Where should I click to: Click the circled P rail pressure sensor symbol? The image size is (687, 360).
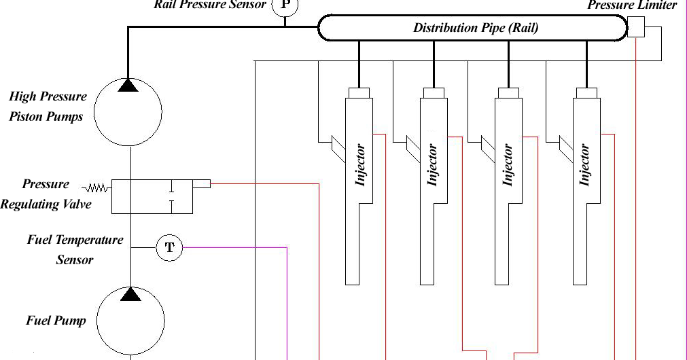[284, 6]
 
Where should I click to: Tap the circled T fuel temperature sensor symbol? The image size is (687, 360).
[170, 248]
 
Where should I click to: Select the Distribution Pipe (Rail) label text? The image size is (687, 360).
[476, 28]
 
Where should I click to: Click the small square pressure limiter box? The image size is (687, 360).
[636, 28]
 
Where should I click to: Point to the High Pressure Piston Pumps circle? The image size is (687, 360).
[128, 111]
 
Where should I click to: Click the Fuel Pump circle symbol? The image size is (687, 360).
[130, 321]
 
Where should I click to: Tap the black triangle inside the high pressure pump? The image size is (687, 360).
[128, 86]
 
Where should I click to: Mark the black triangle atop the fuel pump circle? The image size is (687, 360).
[130, 293]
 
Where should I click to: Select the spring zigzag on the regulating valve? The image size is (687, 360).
[96, 187]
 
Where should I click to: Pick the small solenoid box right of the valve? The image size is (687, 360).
[201, 183]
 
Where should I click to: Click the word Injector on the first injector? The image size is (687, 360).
[361, 166]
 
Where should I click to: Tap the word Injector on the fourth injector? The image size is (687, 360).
[584, 166]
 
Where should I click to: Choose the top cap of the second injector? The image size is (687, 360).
[434, 93]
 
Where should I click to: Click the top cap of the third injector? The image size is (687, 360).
[510, 93]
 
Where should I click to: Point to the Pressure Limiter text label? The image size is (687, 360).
[632, 5]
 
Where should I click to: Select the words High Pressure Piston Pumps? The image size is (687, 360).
[46, 107]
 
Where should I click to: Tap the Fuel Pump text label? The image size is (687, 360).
[56, 320]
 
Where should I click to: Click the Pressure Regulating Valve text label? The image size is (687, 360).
[46, 194]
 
